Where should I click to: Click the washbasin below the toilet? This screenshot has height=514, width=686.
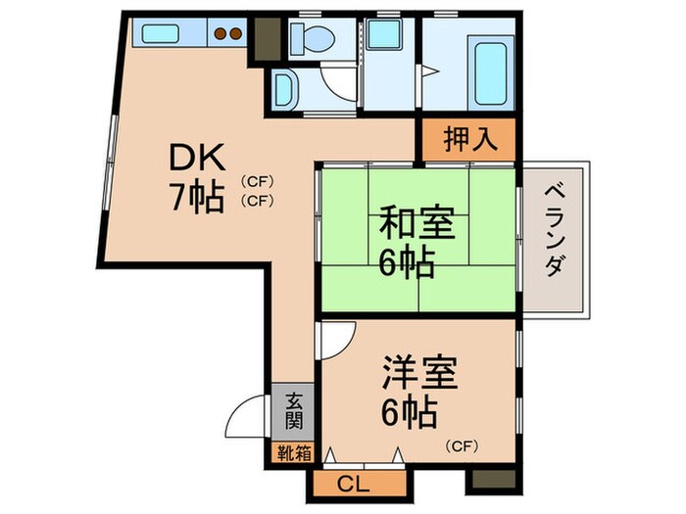(286, 89)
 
